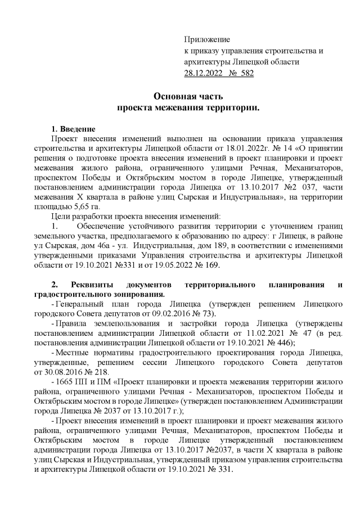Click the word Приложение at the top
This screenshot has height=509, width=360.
coord(208,40)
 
